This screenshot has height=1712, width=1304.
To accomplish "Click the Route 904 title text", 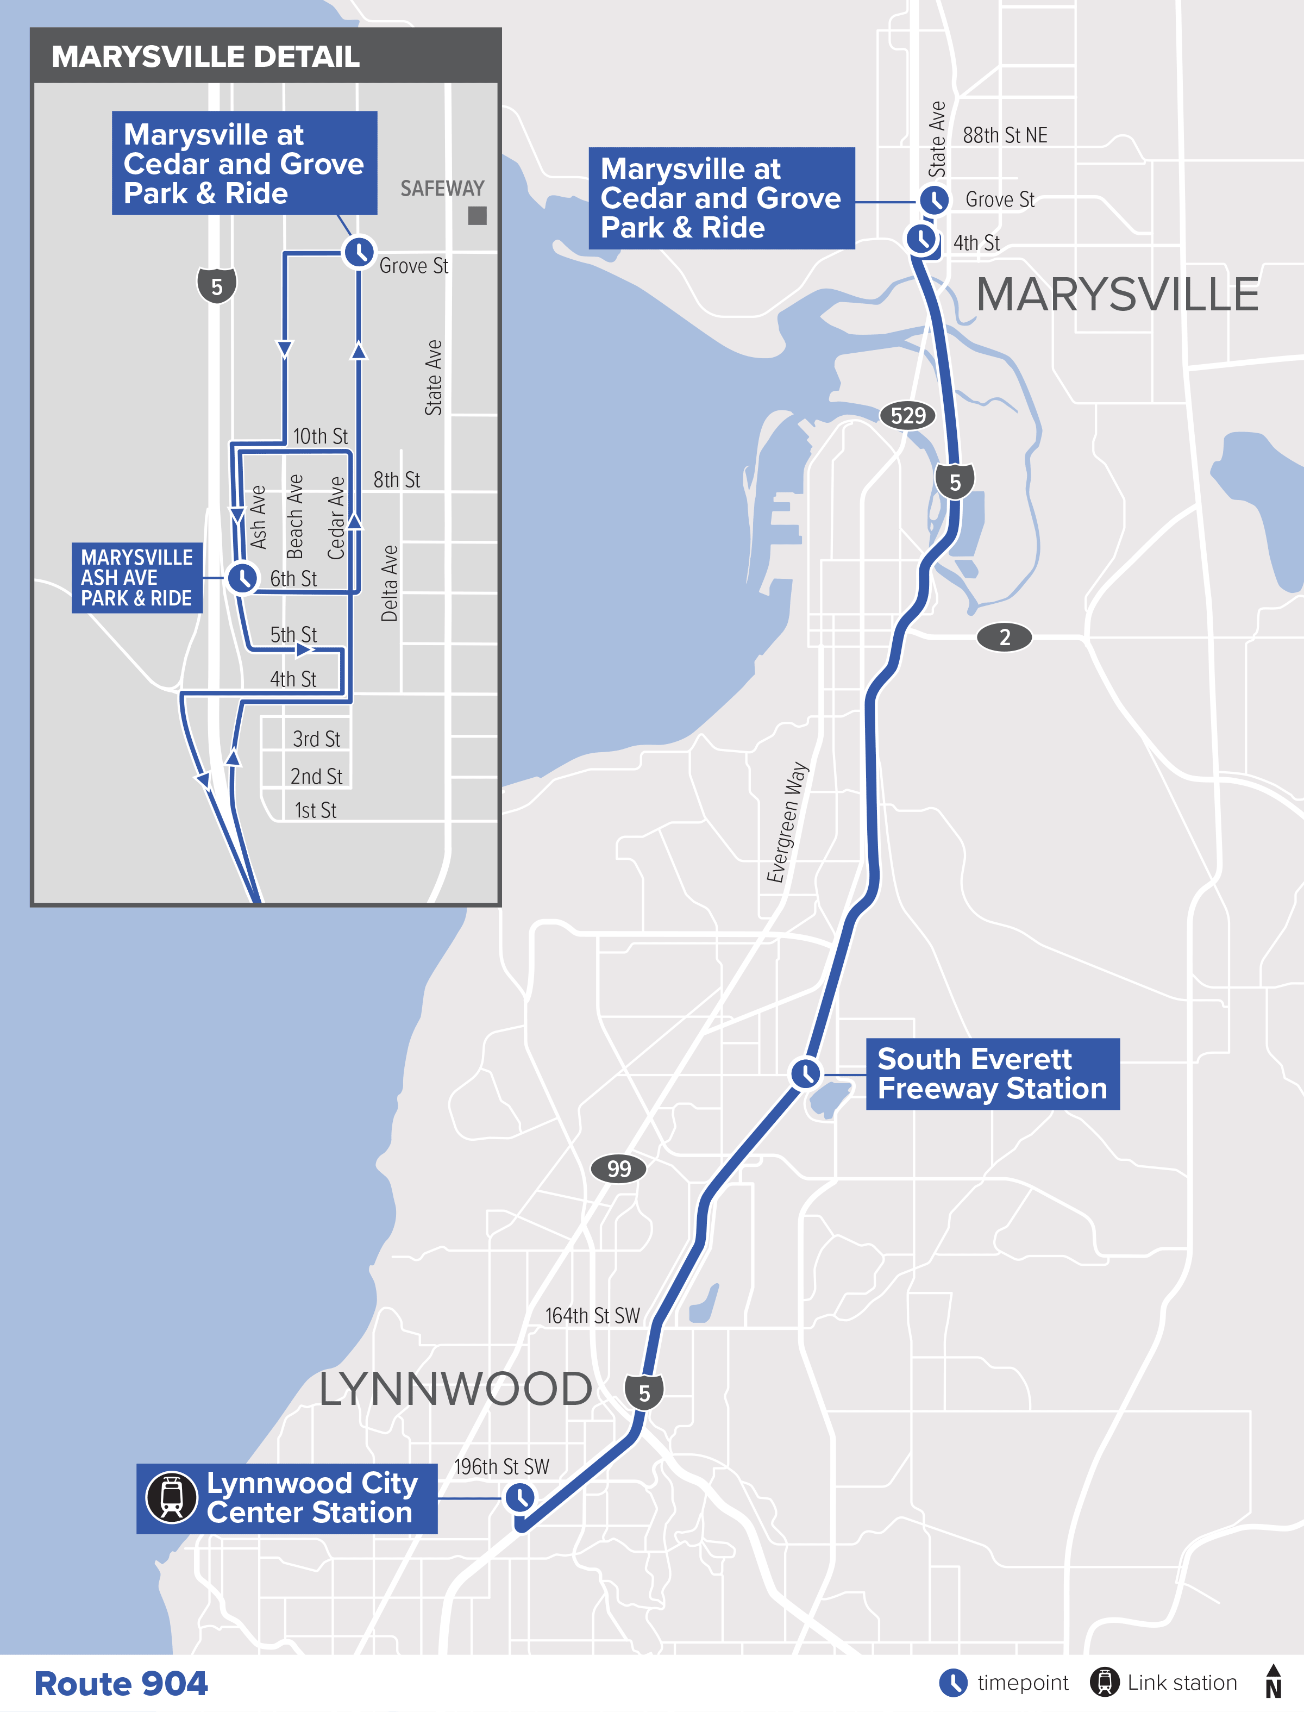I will pyautogui.click(x=121, y=1683).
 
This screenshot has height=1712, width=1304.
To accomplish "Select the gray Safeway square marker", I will pyautogui.click(x=478, y=216).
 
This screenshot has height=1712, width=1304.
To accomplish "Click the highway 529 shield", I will pyautogui.click(x=907, y=415).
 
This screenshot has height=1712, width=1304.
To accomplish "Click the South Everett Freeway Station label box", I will pyautogui.click(x=992, y=1074).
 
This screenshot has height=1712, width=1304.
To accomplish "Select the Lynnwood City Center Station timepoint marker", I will pyautogui.click(x=519, y=1497).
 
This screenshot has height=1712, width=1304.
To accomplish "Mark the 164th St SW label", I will pyautogui.click(x=592, y=1316).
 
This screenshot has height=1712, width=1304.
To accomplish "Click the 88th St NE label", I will pyautogui.click(x=1005, y=135).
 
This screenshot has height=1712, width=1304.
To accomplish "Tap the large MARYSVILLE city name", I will pyautogui.click(x=1117, y=295).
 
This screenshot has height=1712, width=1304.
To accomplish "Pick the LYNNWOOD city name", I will pyautogui.click(x=456, y=1390).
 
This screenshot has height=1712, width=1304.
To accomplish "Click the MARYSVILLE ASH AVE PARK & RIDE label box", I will pyautogui.click(x=136, y=578).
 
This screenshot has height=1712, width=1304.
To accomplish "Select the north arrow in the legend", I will pyautogui.click(x=1273, y=1681).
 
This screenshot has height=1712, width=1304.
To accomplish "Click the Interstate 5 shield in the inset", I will pyautogui.click(x=217, y=286).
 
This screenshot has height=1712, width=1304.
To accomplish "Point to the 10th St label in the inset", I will pyautogui.click(x=320, y=436).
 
